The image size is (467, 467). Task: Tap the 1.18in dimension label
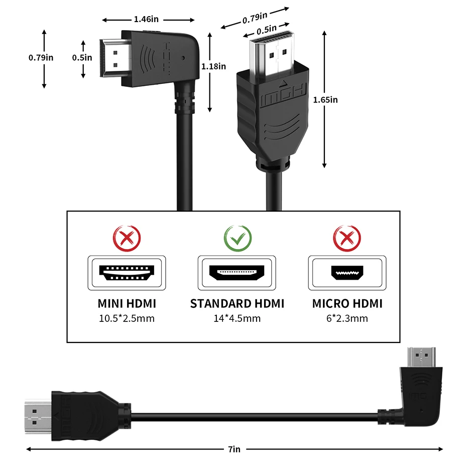213,66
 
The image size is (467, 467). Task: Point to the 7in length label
234,449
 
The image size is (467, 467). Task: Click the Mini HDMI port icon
127,273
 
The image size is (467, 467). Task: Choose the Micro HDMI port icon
347,273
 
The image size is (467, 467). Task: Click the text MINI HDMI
127,303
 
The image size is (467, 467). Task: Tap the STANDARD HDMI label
237,303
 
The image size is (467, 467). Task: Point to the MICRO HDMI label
347,303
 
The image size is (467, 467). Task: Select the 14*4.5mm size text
237,318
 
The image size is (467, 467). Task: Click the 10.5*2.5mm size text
127,318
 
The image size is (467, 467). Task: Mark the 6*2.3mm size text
347,318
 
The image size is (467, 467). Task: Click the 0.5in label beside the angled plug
82,57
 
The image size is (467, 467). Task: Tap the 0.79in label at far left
41,57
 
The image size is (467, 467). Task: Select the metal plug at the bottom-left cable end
38,416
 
